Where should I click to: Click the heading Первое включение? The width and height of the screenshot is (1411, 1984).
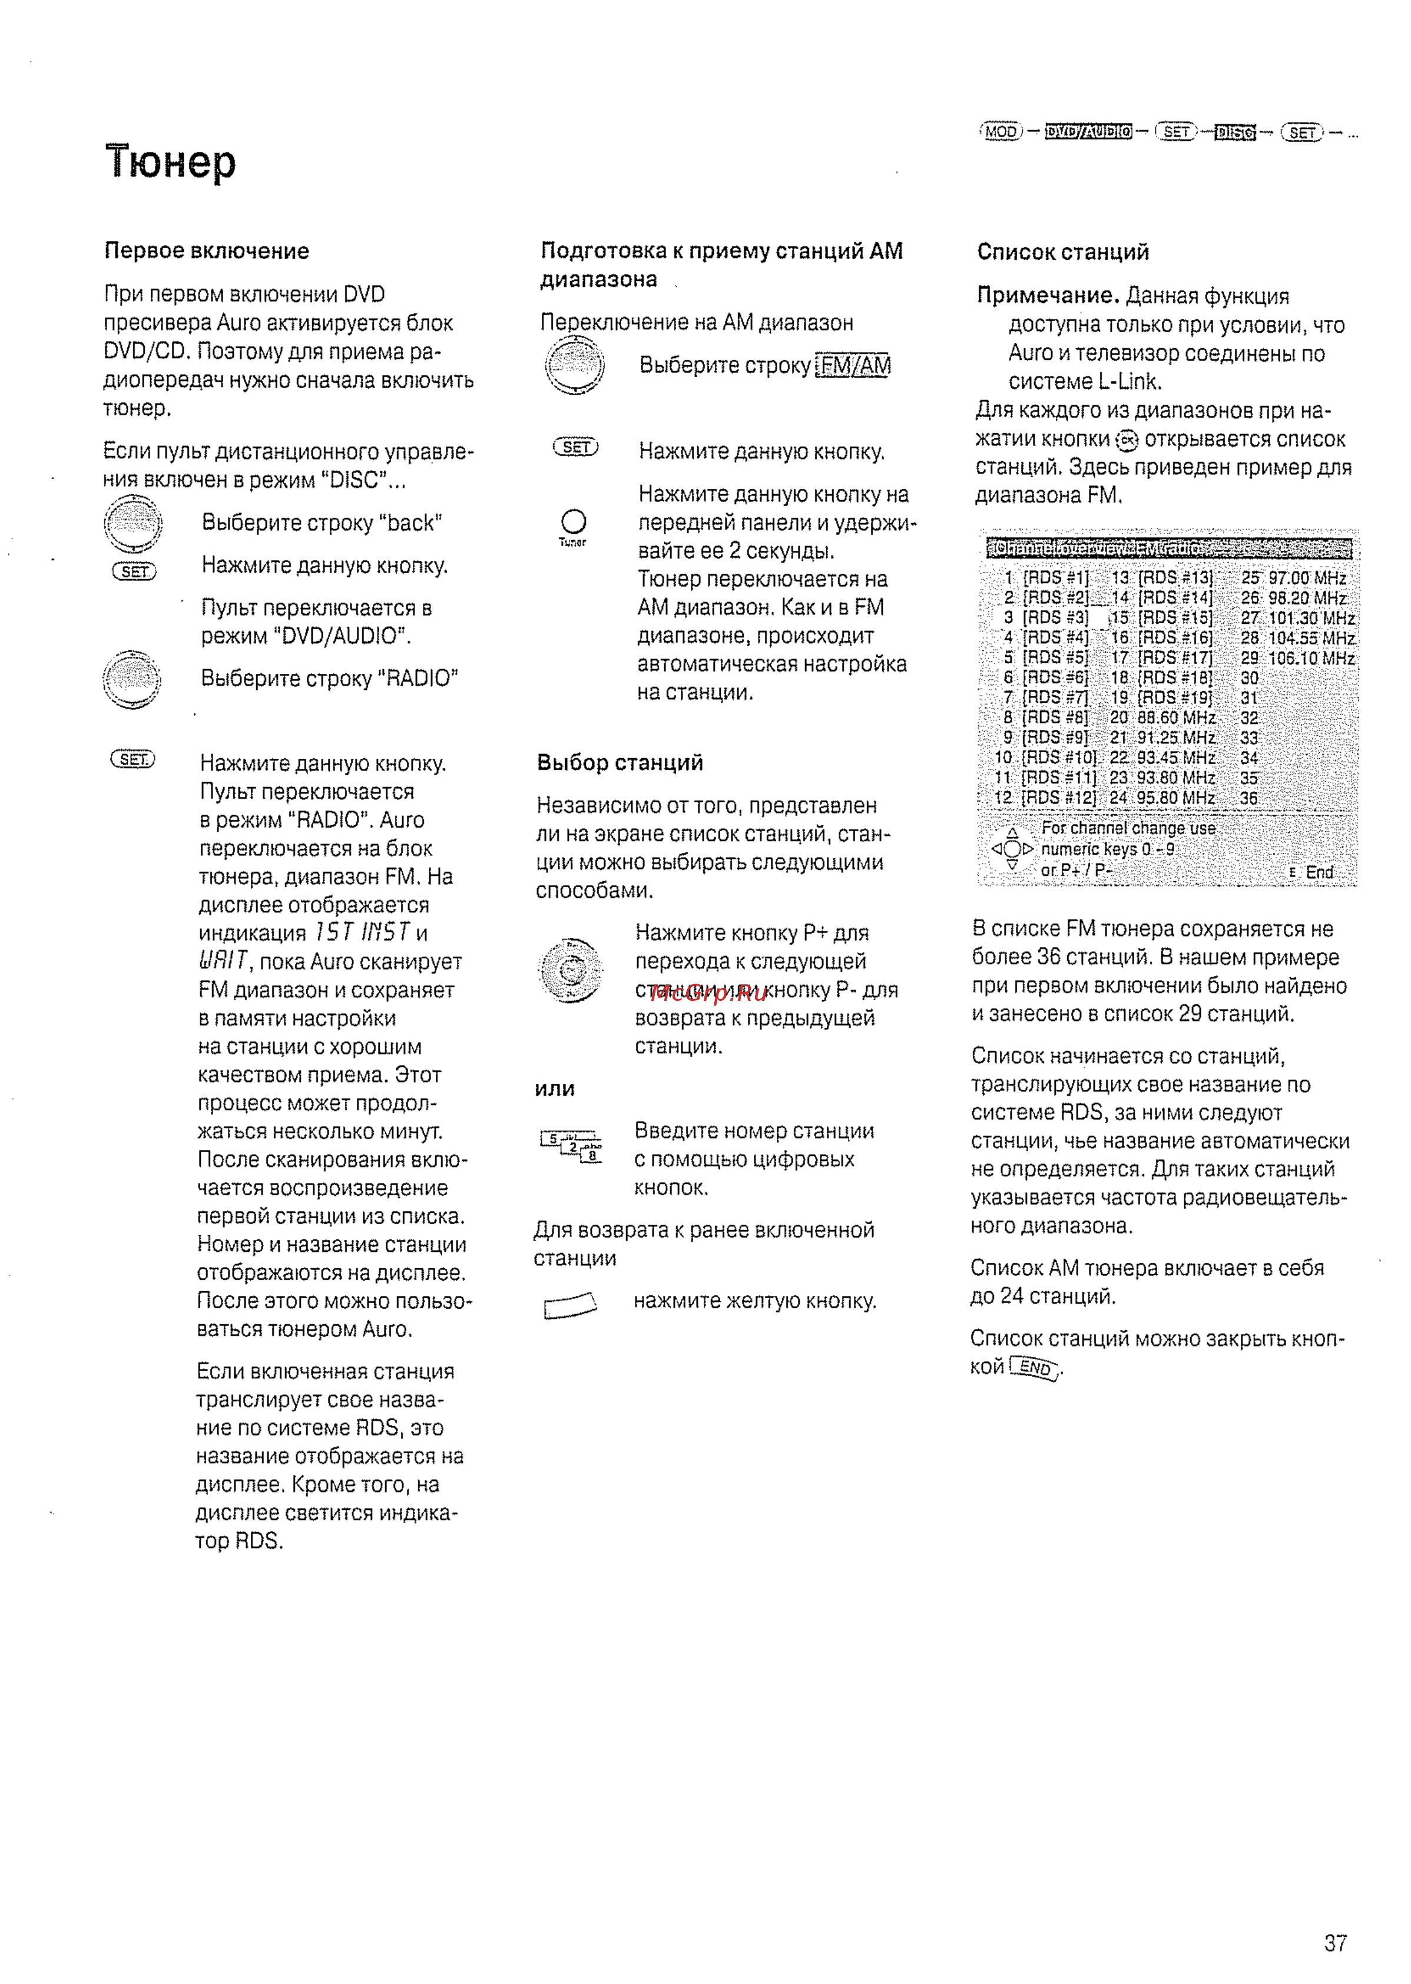point(207,251)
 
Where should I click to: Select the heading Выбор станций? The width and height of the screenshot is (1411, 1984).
point(620,763)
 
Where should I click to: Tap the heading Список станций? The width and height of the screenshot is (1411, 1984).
point(1062,252)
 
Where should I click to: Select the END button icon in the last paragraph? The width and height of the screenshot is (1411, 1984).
point(1035,1368)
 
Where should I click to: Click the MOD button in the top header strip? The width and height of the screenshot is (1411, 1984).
point(1001,132)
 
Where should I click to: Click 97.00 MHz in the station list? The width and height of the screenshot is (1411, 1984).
point(1307,578)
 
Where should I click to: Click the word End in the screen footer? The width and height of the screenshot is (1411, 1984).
point(1319,872)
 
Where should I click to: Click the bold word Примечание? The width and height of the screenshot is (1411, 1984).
point(1048,296)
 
